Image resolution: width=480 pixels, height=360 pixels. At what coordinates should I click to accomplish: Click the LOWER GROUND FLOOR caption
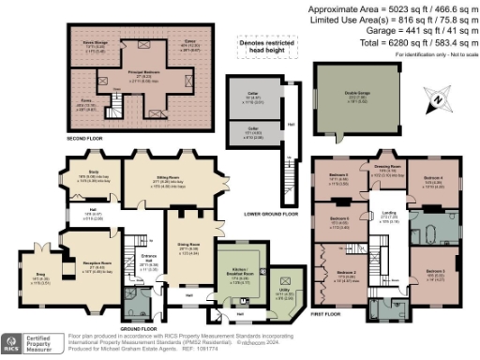click(x=278, y=214)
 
